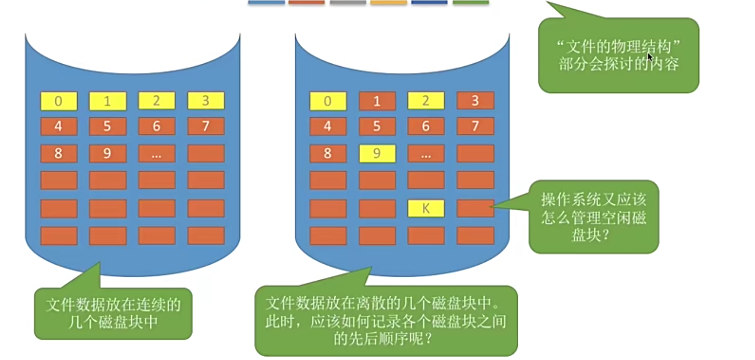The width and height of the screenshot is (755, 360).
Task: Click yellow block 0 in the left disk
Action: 59,101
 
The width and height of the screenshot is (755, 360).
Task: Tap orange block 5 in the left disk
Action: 108,126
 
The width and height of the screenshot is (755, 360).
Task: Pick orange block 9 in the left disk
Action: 108,154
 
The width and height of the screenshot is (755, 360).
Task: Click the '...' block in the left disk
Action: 157,154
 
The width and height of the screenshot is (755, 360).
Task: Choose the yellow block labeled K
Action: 426,208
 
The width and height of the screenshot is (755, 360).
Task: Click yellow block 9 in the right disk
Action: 377,154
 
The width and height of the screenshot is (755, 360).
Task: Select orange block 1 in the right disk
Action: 377,101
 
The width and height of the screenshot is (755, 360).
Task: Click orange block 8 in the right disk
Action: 328,154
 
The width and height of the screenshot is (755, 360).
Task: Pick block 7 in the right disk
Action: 475,126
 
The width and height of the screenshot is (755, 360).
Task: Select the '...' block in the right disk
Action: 426,154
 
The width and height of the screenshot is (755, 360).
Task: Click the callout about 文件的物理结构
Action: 618,55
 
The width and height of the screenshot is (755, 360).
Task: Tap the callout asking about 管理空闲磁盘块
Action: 593,217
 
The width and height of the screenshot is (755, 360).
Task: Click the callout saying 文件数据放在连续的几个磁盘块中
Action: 113,313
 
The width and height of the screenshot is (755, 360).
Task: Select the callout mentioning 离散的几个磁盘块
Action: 386,321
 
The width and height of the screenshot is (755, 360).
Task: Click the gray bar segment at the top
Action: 348,3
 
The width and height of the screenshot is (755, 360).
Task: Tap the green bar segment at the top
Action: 471,3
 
